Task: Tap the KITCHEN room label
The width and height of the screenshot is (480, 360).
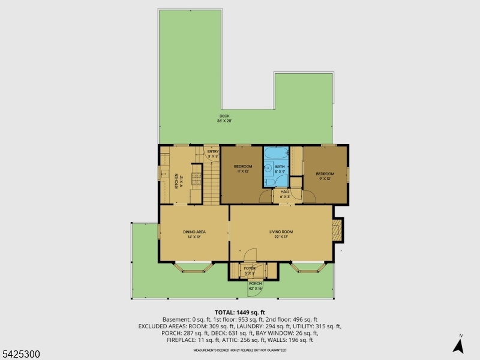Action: point(176,181)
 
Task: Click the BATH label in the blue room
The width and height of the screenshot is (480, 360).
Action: point(280,168)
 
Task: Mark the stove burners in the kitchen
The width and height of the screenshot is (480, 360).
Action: point(195,177)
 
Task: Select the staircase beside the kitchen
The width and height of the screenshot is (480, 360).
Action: point(211,183)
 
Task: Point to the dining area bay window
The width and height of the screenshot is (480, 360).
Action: point(194,268)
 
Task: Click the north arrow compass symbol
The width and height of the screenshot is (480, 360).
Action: point(459,345)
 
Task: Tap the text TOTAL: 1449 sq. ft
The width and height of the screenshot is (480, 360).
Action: point(240,313)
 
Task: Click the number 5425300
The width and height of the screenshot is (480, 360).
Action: point(21,355)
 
